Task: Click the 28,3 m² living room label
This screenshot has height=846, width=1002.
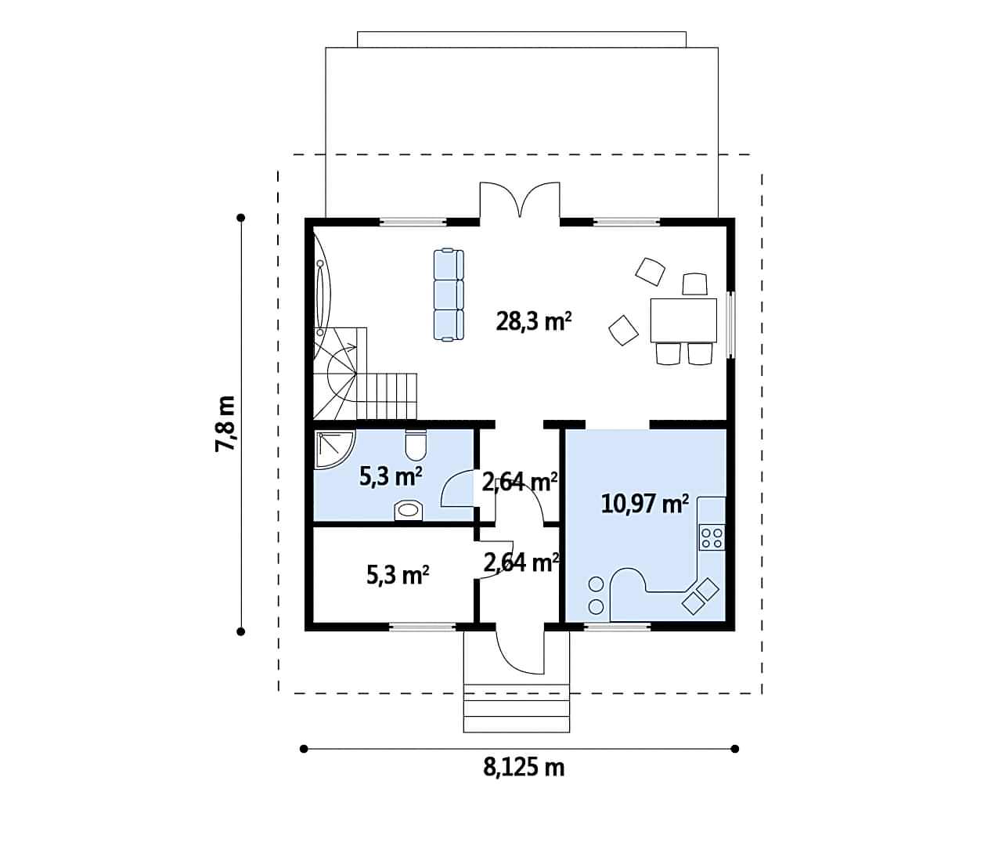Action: tap(533, 322)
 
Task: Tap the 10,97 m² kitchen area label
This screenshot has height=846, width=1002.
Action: tap(644, 504)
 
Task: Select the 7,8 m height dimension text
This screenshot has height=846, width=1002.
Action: tap(225, 424)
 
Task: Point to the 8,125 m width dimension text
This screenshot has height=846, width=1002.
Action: tap(524, 768)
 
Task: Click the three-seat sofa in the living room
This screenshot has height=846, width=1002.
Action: tap(449, 295)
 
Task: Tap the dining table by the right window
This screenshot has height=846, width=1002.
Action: tap(683, 320)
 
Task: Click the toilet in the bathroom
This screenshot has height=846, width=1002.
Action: tap(416, 445)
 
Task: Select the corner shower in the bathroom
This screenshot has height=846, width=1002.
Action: tap(334, 450)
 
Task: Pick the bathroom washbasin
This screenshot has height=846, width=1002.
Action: tap(409, 511)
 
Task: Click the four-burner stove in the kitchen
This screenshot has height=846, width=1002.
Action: tap(712, 537)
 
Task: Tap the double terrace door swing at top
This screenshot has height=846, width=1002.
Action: tap(520, 199)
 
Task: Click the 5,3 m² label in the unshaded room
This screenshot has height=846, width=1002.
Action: tap(398, 575)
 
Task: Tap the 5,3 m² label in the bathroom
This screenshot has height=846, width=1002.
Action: tap(391, 477)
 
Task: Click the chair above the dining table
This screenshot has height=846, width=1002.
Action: tap(694, 284)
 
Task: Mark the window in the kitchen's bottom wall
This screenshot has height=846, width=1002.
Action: tap(617, 627)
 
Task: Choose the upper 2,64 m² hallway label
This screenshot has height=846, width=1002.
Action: tap(520, 482)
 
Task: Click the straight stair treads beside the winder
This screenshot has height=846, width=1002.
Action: tap(387, 396)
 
